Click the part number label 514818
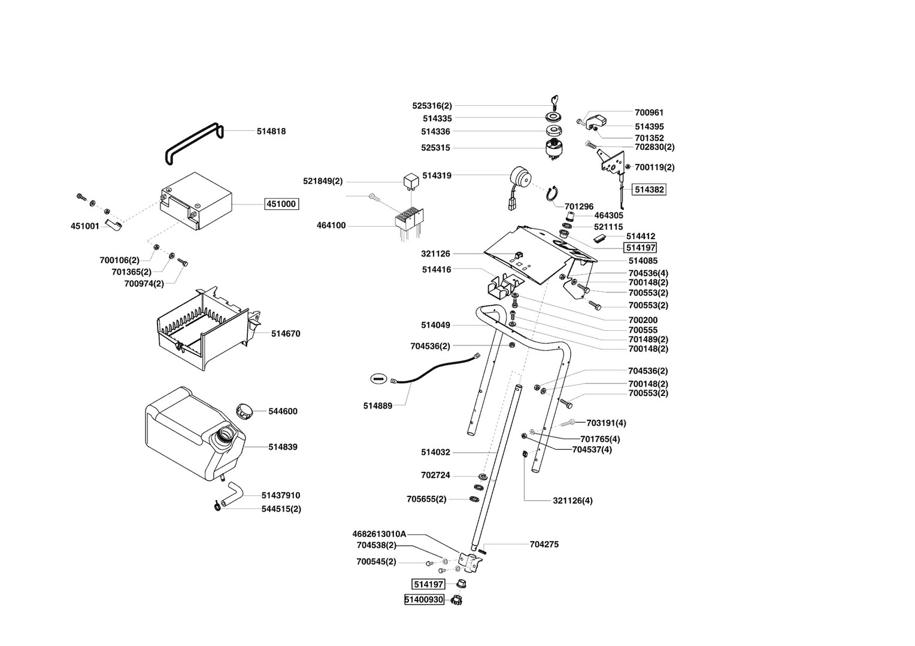pyautogui.click(x=271, y=132)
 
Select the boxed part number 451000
pyautogui.click(x=281, y=204)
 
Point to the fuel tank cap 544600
pyautogui.click(x=244, y=411)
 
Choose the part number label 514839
pyautogui.click(x=283, y=447)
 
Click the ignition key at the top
pyautogui.click(x=553, y=102)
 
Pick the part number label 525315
pyautogui.click(x=435, y=148)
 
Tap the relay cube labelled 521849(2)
pyautogui.click(x=410, y=179)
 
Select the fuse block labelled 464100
pyautogui.click(x=408, y=221)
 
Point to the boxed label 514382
pyautogui.click(x=649, y=190)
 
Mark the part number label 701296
pyautogui.click(x=578, y=207)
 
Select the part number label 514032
pyautogui.click(x=435, y=452)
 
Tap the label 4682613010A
pyautogui.click(x=379, y=534)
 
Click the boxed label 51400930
pyautogui.click(x=424, y=599)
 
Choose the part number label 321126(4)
pyautogui.click(x=572, y=500)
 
